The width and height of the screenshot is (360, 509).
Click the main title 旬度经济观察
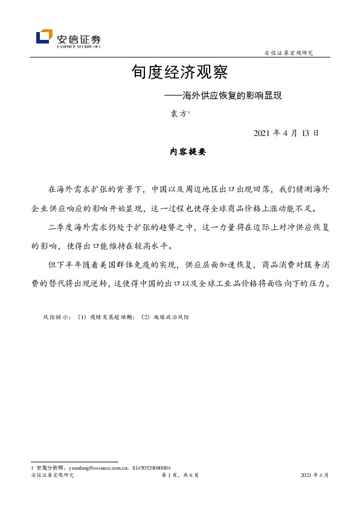click(x=179, y=73)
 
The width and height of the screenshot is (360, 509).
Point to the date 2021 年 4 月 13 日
click(x=286, y=133)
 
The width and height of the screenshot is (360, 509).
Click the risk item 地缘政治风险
click(x=171, y=317)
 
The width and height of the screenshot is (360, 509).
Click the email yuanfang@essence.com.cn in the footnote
click(x=95, y=468)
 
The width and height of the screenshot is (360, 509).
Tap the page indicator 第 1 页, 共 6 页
click(x=180, y=476)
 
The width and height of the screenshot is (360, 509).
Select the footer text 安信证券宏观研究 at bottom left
click(x=52, y=476)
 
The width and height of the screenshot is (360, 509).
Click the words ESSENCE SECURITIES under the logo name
click(x=79, y=45)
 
